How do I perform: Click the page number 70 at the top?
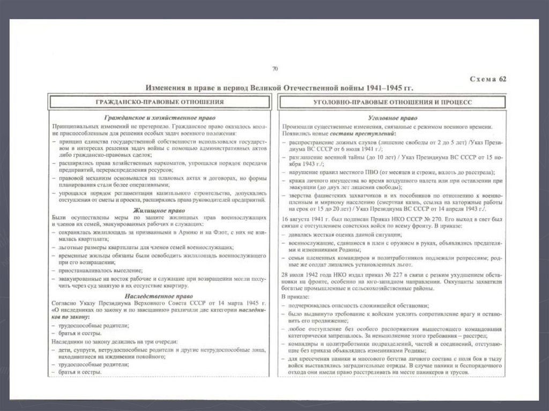(x=275, y=69)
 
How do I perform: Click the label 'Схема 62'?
(x=488, y=79)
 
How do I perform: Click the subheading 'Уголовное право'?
(x=390, y=117)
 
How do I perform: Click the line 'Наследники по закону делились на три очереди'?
(x=115, y=341)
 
